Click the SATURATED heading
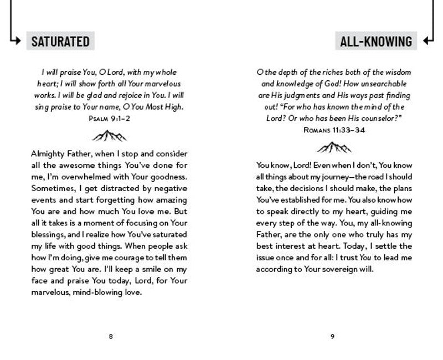click(60, 41)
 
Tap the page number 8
click(111, 336)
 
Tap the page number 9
click(332, 336)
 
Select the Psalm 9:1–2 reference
click(111, 118)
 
